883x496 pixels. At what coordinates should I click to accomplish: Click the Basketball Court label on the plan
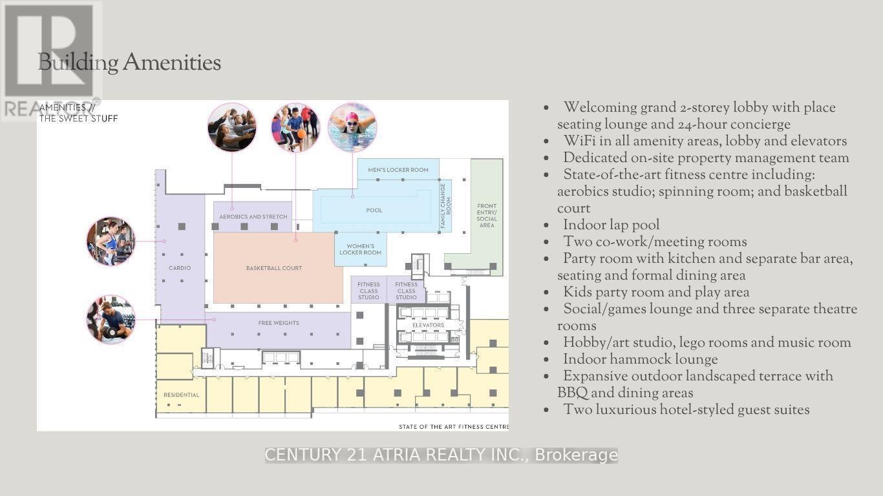[274, 268]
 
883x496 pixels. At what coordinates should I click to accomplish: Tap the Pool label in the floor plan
[374, 211]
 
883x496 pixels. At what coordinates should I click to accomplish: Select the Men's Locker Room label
[398, 170]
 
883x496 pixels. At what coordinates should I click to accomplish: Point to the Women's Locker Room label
[360, 249]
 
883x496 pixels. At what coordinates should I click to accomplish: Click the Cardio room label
[180, 268]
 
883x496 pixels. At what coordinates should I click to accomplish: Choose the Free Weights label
[279, 323]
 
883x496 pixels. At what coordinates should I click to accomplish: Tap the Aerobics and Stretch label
[253, 217]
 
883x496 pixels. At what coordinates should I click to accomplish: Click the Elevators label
[428, 325]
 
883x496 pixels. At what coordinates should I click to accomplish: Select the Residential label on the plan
[182, 395]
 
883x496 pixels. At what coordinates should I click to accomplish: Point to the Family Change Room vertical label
[445, 205]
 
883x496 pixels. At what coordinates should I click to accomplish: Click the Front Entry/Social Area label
[487, 216]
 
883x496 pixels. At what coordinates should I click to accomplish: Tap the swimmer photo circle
[352, 127]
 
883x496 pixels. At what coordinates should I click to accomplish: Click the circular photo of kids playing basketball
[296, 127]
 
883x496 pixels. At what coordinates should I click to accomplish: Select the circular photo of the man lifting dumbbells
[111, 319]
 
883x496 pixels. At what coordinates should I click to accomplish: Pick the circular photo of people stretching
[232, 127]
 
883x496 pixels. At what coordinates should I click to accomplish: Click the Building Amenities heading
[129, 63]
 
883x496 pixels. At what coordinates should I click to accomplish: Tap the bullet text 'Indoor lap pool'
[611, 225]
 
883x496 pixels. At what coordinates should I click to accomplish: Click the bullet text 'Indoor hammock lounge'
[640, 359]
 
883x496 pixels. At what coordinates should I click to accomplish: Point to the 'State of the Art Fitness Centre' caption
[454, 427]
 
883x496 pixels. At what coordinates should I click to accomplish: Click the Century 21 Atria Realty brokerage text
[441, 455]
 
